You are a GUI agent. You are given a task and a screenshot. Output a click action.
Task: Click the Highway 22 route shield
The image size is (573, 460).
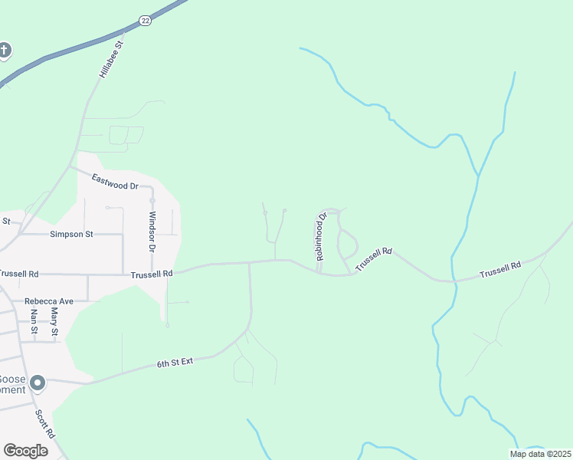pos(146,21)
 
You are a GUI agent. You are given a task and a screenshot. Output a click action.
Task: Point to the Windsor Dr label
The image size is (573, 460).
pos(152,232)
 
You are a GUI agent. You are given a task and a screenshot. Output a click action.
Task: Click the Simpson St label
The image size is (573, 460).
pos(71,234)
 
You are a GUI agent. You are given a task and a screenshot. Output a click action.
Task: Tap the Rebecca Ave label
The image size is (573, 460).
pos(49,301)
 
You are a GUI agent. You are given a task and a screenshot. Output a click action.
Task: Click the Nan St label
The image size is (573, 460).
pos(34,320)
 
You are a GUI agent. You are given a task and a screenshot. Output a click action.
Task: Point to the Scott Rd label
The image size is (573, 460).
pos(45,424)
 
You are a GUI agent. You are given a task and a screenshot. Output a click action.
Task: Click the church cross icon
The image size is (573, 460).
pos(5,51)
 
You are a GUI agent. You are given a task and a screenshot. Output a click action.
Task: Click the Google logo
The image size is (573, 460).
pos(25,451)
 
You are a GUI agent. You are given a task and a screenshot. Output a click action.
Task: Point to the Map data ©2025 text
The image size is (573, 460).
pos(541,454)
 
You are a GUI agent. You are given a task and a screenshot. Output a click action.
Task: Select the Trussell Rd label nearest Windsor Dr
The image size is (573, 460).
pos(152,273)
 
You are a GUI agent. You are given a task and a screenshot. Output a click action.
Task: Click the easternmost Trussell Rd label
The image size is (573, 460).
pos(500,269)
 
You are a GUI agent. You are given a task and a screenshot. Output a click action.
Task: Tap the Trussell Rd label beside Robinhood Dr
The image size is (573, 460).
pos(374,258)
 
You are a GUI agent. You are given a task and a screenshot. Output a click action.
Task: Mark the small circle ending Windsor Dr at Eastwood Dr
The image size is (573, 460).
pos(152,201)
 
